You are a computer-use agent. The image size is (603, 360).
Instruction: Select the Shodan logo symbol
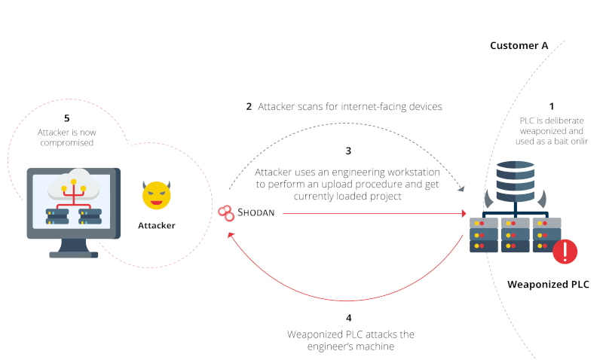[225, 213]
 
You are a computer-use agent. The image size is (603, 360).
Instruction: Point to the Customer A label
[519, 45]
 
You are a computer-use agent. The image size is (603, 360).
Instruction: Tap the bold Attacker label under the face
[157, 224]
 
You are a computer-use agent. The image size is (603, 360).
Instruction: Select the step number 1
[551, 106]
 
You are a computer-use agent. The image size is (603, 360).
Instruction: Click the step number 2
[249, 106]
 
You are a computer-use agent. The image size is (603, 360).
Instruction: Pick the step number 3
[348, 151]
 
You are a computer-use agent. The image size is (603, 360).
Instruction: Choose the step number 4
[348, 318]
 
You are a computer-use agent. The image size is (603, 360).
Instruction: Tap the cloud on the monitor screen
[73, 184]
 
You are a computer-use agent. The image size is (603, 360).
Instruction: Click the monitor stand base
[73, 253]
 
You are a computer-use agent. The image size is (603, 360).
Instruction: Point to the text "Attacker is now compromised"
[67, 137]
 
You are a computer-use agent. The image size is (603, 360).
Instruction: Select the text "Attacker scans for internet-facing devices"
[350, 106]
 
